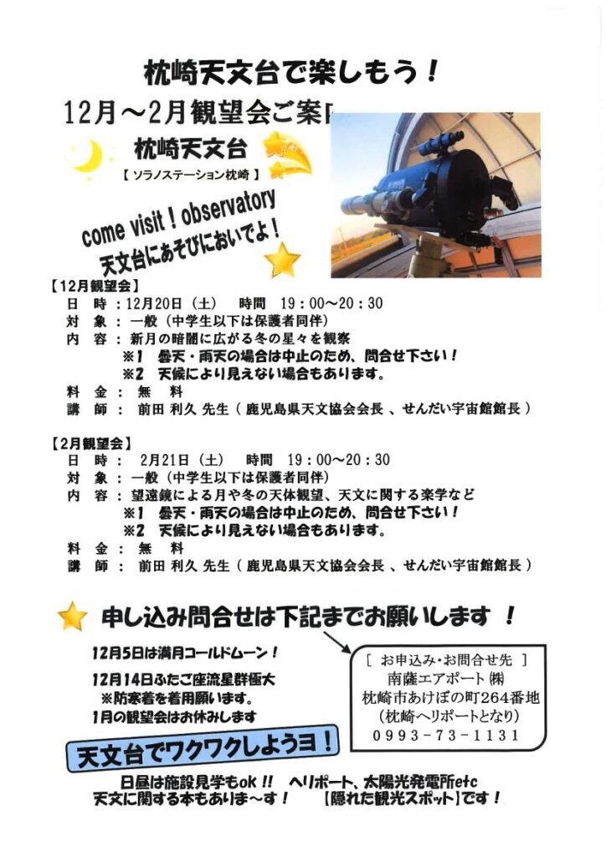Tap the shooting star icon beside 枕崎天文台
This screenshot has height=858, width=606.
[287, 155]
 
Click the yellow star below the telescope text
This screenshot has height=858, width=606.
[283, 260]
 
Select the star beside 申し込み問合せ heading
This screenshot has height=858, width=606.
[73, 616]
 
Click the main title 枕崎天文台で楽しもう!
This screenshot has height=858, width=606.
[291, 72]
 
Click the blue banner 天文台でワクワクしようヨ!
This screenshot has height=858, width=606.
[202, 749]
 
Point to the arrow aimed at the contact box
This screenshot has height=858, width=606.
[337, 643]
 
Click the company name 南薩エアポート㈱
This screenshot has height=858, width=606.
[446, 679]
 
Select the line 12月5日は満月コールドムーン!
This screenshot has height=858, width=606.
[185, 653]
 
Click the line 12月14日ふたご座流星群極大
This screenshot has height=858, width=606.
[183, 680]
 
